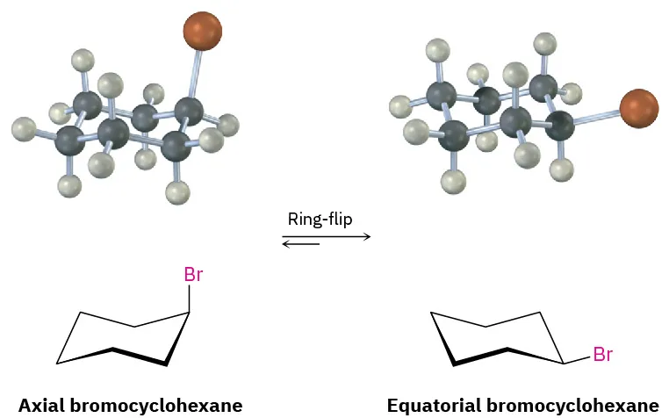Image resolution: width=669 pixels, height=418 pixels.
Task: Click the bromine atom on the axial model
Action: pos(202,32)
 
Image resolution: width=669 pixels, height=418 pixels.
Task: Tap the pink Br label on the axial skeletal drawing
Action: pos(193,275)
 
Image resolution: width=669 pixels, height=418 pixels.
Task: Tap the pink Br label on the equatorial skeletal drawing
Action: pos(602,356)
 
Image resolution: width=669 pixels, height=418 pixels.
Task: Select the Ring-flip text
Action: pos(320,219)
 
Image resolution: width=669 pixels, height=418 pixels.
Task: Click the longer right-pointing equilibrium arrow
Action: pos(326,235)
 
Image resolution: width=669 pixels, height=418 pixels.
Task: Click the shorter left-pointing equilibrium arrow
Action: pos(301,244)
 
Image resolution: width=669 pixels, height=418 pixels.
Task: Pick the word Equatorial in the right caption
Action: pos(431,405)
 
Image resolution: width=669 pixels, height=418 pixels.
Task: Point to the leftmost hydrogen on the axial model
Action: pos(25,132)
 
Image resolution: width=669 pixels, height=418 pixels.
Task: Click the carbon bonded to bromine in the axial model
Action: pos(187,111)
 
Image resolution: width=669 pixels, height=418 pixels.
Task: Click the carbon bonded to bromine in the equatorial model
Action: pos(559,126)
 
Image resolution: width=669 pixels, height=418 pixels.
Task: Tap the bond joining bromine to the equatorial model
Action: pos(596,117)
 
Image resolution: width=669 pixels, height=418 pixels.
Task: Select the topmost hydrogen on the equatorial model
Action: pos(545,42)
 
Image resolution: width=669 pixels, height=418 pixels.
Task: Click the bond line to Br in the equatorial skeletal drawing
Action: pos(577,359)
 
